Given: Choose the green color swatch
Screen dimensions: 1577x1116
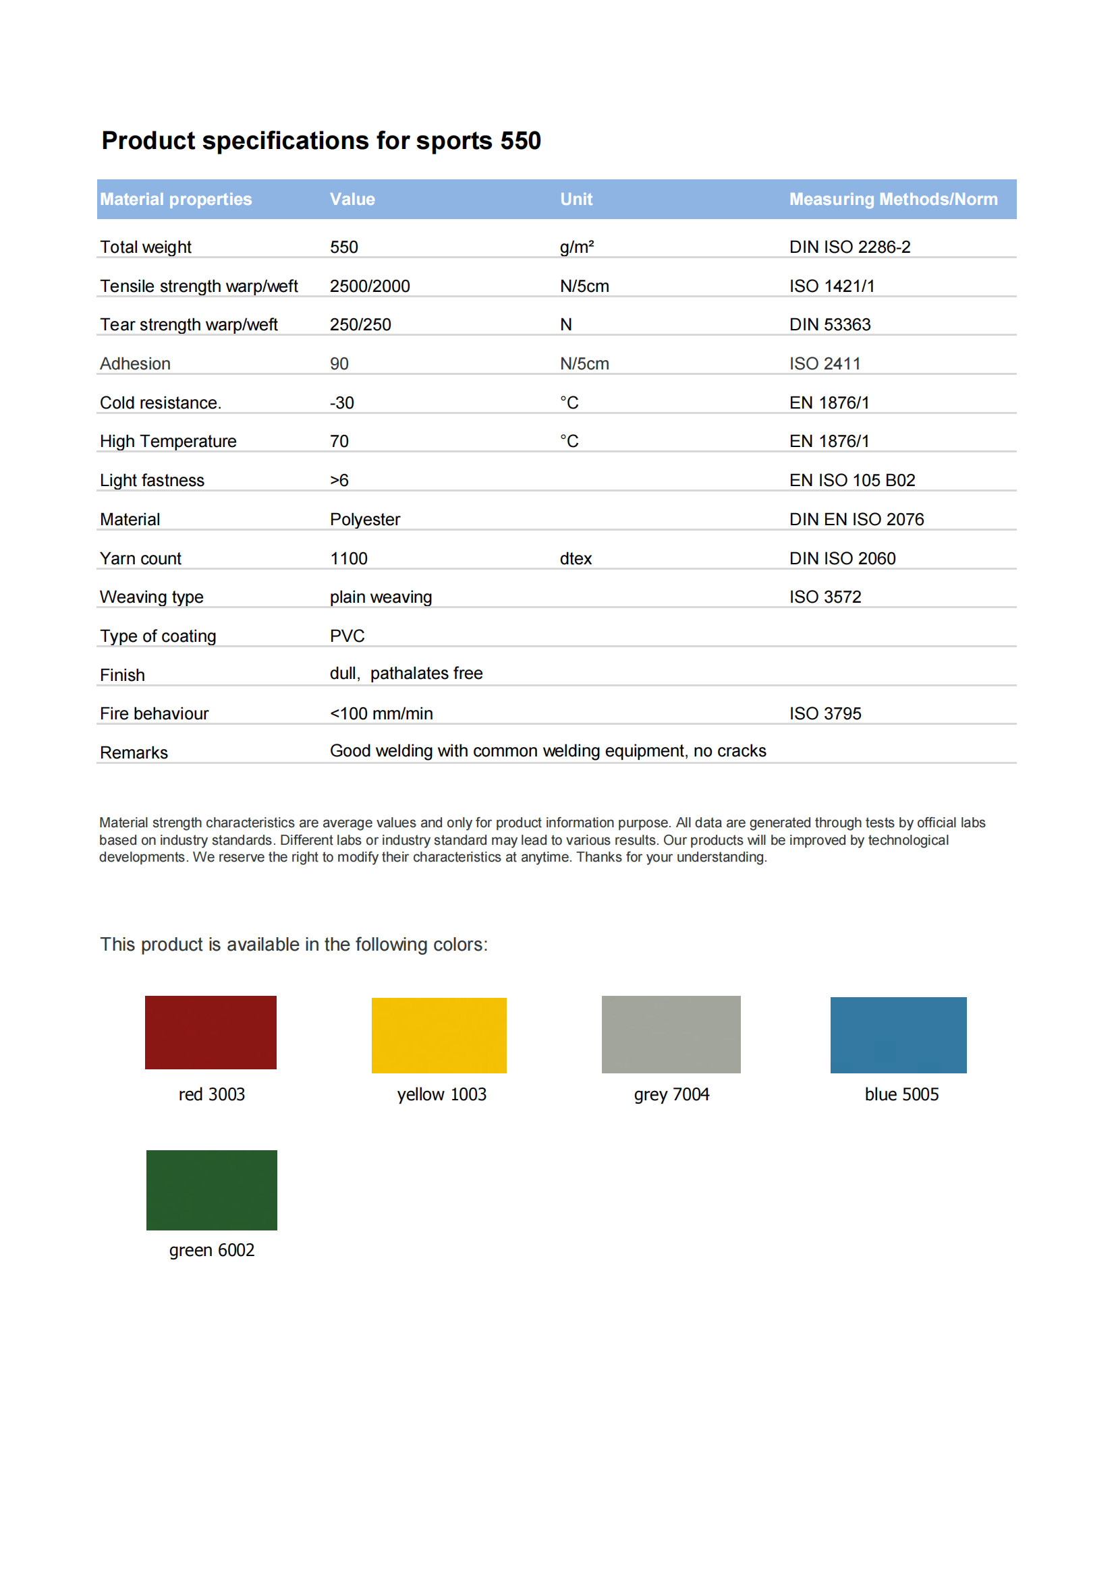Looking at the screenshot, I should (x=211, y=1189).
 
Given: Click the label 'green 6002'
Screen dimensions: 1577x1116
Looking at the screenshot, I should (x=212, y=1249).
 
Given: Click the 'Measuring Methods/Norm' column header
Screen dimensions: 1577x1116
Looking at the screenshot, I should (x=893, y=199).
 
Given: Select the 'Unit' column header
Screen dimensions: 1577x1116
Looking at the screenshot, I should (x=576, y=199).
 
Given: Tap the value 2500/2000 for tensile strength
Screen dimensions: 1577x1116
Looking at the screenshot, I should (x=370, y=286).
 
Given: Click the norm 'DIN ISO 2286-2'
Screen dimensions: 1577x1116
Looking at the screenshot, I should (x=849, y=247).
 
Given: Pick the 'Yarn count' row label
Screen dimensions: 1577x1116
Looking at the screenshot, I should (x=140, y=558).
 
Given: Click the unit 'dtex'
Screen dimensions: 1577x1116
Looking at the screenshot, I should (x=575, y=558).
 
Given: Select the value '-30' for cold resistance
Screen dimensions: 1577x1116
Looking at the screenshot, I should (x=341, y=403).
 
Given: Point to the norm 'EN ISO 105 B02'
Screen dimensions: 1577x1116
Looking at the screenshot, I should (x=852, y=480).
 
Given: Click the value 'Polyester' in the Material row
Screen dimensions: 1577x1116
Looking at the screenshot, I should (x=364, y=519).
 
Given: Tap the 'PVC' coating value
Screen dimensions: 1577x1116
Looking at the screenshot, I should (x=347, y=636).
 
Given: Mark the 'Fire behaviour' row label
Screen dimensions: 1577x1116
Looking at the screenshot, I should (x=154, y=713).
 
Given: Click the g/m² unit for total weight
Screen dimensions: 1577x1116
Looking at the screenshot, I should (x=576, y=247).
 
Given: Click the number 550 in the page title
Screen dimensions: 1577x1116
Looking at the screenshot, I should (x=520, y=141).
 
